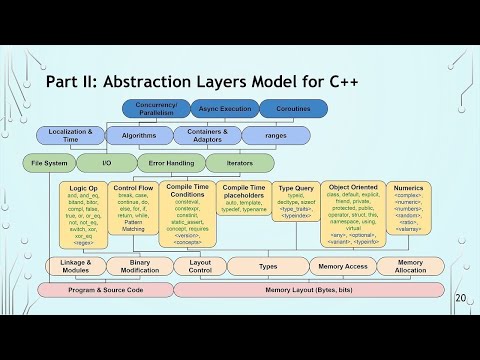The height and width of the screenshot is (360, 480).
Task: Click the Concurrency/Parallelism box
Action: pos(156,109)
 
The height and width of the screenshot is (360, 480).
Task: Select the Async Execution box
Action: pos(224,109)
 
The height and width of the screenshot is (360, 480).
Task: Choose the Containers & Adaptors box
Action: pos(207,135)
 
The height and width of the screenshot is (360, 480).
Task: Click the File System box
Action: pos(48,162)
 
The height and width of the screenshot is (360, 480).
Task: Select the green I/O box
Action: pos(108,162)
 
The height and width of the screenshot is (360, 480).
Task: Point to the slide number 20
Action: pos(461,297)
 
